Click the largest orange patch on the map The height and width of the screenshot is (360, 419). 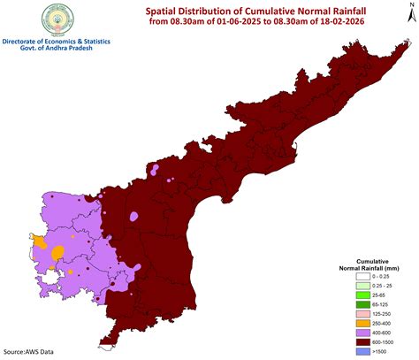pos(58,253)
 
